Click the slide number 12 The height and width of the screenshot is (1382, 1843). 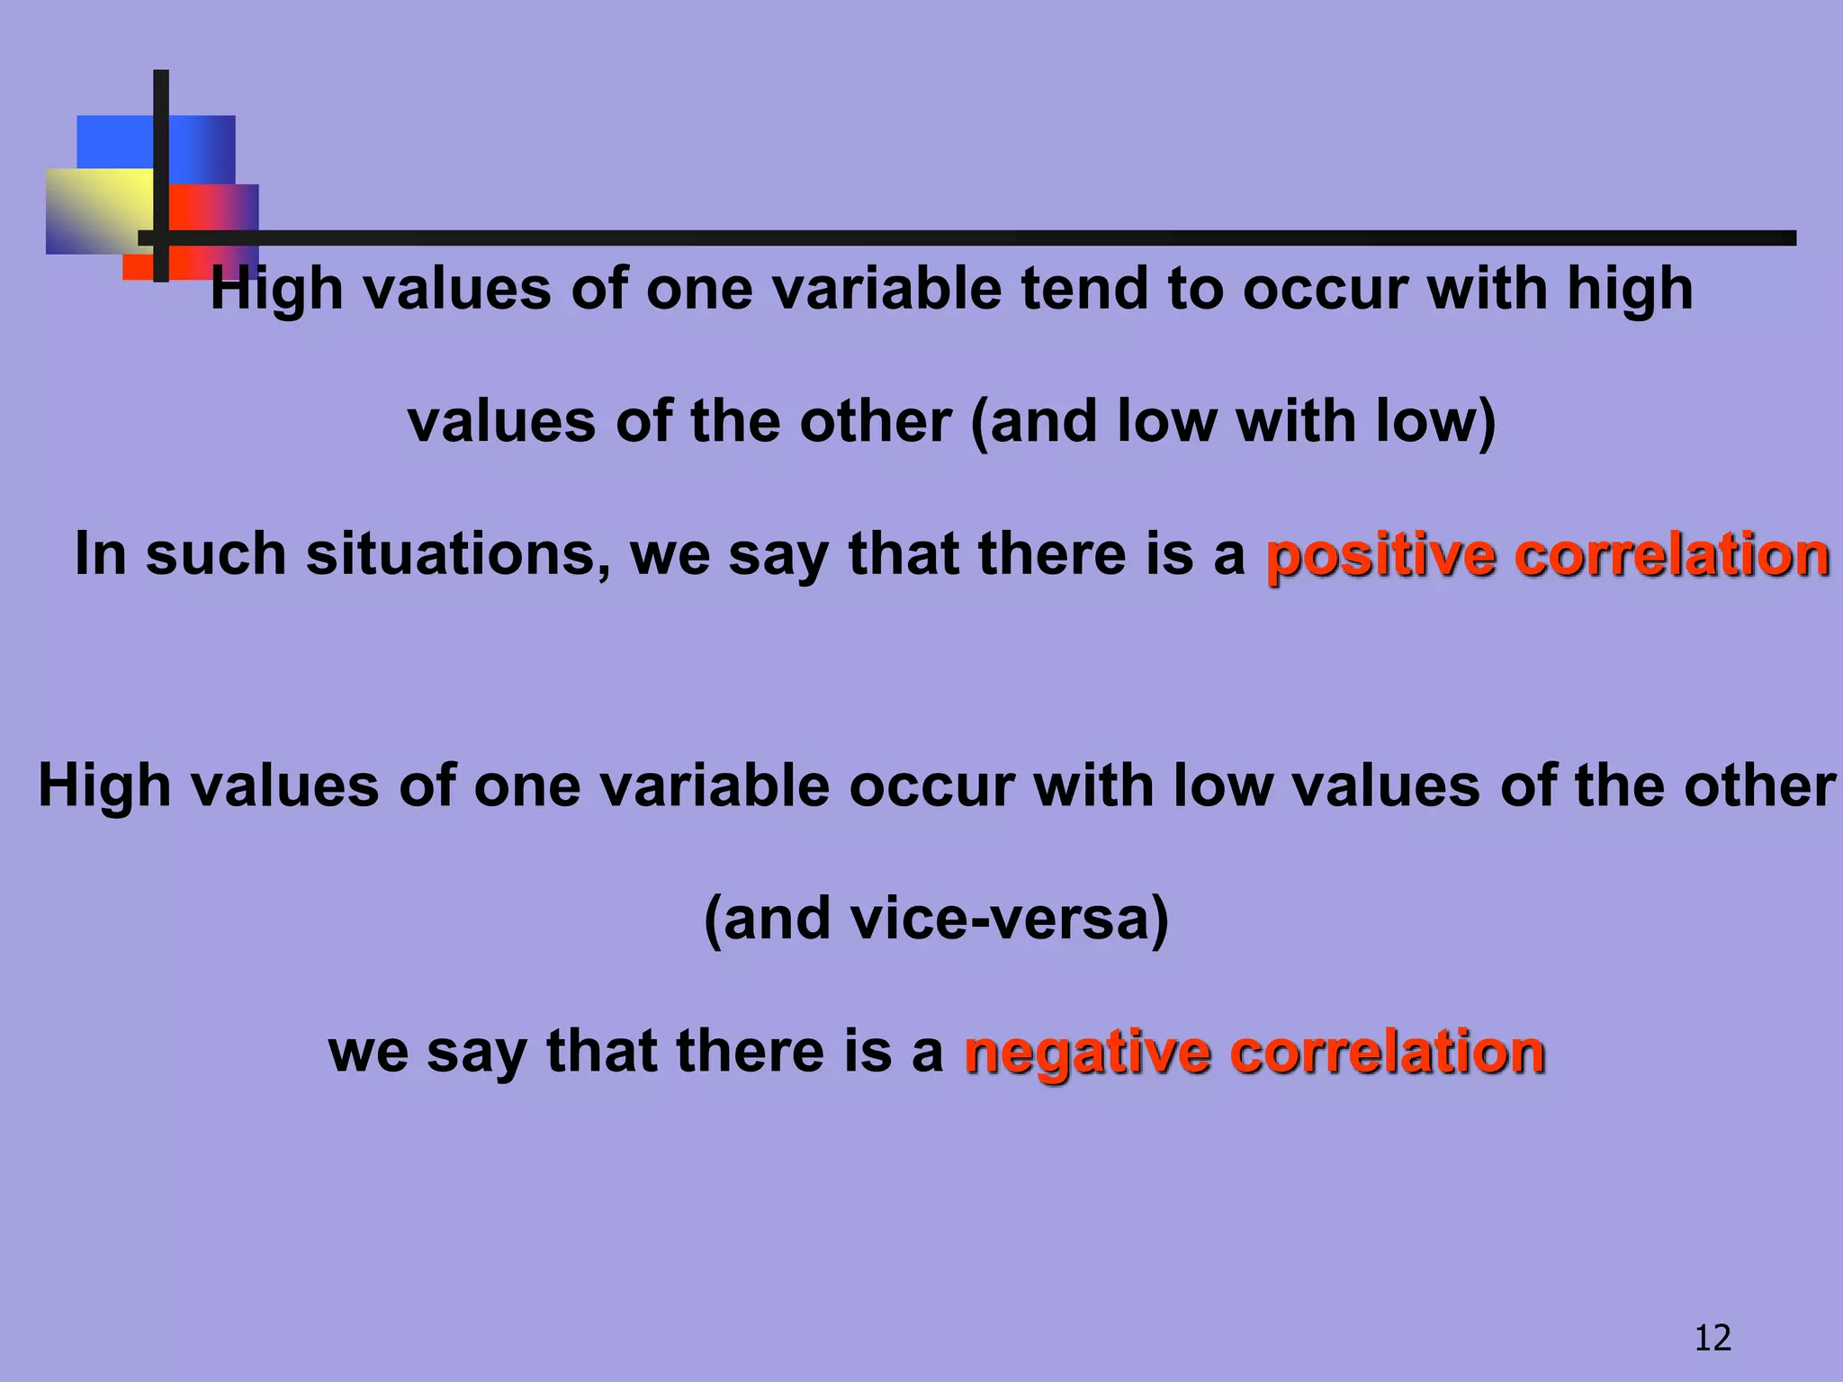pyautogui.click(x=1713, y=1338)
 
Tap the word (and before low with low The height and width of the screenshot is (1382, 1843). pyautogui.click(x=1035, y=421)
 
